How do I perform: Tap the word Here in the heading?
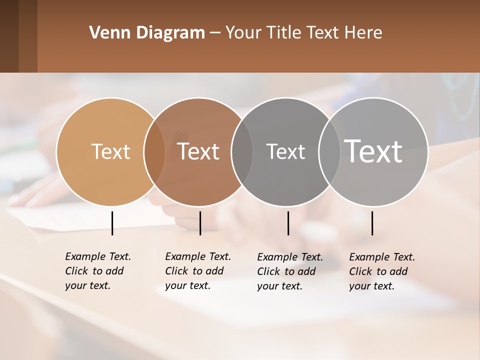(364, 33)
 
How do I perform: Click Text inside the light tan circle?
(110, 151)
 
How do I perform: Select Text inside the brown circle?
(198, 151)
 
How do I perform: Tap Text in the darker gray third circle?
(285, 151)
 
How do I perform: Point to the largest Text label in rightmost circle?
(373, 151)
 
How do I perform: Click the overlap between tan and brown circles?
(154, 151)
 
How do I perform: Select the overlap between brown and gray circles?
(242, 151)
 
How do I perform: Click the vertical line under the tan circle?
(112, 223)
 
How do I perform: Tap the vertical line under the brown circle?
(200, 223)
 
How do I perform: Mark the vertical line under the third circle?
(288, 223)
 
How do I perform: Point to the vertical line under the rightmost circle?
(372, 223)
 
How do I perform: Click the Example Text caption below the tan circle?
(97, 271)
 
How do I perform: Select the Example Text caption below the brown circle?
(197, 271)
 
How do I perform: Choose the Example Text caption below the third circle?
(289, 271)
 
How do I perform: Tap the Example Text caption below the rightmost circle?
(381, 271)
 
